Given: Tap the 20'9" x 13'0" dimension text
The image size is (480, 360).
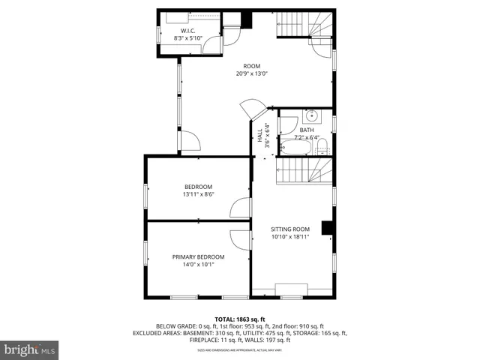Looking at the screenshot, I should pyautogui.click(x=251, y=73).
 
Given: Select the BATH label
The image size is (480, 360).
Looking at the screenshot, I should pyautogui.click(x=307, y=130).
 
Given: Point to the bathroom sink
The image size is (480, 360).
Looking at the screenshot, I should pyautogui.click(x=312, y=116).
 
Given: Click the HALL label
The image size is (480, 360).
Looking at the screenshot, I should pyautogui.click(x=260, y=135).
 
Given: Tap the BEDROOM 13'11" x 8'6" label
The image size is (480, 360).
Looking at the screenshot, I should pyautogui.click(x=198, y=187).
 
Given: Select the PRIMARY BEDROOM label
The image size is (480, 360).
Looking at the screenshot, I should pyautogui.click(x=198, y=257).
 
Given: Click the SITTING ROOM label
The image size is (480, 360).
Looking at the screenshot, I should pyautogui.click(x=289, y=229).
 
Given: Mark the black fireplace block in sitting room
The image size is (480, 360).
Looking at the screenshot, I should pyautogui.click(x=327, y=228).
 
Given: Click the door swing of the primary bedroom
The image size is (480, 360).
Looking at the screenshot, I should pyautogui.click(x=240, y=239).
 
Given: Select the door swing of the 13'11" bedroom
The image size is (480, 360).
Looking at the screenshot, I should pyautogui.click(x=240, y=208).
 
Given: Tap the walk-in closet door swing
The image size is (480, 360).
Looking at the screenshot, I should pyautogui.click(x=215, y=44).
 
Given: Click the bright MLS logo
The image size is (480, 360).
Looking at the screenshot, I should pyautogui.click(x=30, y=349).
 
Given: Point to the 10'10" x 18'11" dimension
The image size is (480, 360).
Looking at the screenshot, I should pyautogui.click(x=289, y=237).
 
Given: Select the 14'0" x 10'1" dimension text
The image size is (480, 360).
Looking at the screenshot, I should pyautogui.click(x=198, y=264).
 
